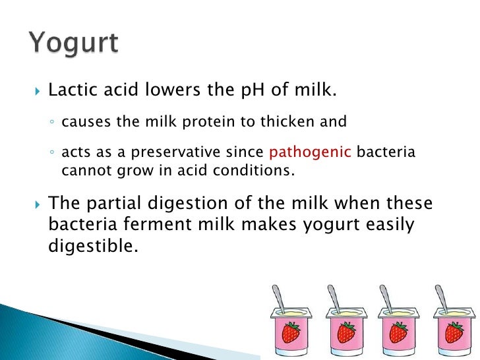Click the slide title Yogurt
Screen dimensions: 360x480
click(73, 44)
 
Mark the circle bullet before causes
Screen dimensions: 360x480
click(53, 123)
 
